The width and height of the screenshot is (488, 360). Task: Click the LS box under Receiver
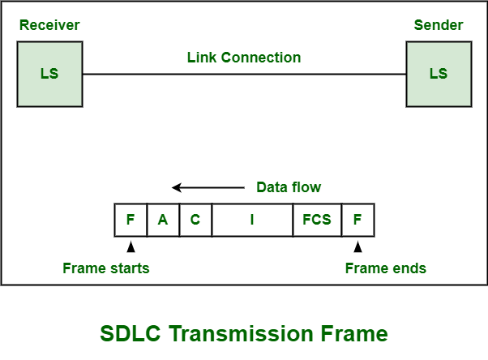[49, 74]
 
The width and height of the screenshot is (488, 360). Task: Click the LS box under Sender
[438, 74]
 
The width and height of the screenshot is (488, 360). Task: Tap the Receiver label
[49, 25]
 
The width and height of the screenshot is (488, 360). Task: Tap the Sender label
[438, 25]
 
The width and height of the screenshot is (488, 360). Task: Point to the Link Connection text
[243, 58]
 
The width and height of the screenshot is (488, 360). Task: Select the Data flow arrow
[207, 187]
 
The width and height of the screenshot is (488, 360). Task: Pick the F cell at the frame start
[131, 220]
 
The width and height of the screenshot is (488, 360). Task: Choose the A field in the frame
[163, 220]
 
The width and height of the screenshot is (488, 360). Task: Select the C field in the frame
[195, 220]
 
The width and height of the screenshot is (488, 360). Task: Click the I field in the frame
[252, 220]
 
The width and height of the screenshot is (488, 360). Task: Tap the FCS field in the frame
[317, 220]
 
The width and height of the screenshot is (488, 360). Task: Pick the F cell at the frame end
[357, 220]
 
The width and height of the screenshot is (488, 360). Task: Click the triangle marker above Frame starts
[131, 246]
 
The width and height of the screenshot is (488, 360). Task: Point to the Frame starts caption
[106, 268]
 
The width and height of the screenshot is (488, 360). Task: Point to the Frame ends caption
[386, 268]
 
